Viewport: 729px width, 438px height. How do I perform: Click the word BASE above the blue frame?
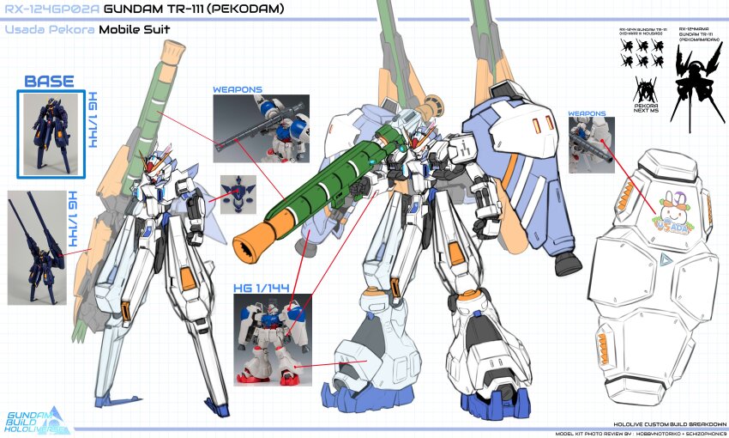(x=49, y=82)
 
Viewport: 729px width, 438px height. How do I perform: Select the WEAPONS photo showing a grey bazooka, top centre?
(x=261, y=128)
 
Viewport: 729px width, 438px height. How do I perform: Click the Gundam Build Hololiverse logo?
(x=42, y=418)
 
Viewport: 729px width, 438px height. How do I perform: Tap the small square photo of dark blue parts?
(x=238, y=194)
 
